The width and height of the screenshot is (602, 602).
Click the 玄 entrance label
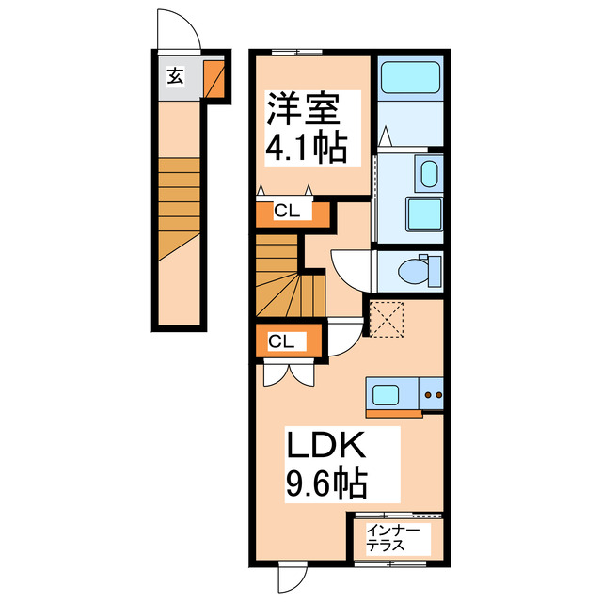(x=175, y=78)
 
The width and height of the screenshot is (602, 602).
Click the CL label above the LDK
(x=279, y=341)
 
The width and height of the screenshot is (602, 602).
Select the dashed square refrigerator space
(x=387, y=319)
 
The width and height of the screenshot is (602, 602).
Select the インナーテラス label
(x=395, y=538)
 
